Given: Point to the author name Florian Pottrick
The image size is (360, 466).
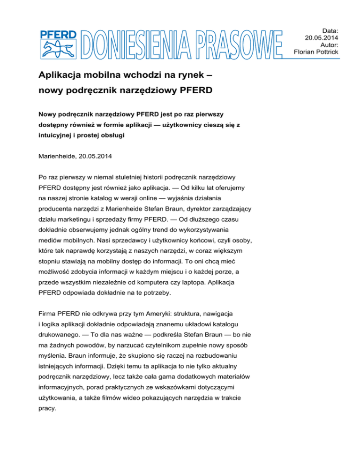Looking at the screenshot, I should tap(316, 52).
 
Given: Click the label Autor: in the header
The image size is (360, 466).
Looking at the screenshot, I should tap(330, 44).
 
